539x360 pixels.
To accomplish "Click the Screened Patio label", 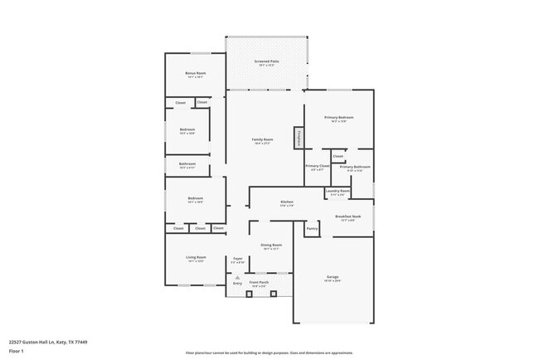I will point(265,61).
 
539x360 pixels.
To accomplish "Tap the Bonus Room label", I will point(195,73).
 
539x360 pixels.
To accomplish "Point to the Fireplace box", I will point(297,138).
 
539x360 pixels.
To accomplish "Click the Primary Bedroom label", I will point(338,118).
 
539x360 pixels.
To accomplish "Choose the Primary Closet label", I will point(317,167).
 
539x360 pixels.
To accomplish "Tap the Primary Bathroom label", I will point(355,167).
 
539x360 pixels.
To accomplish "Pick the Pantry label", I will point(312,228).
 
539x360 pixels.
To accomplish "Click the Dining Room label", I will point(272,246).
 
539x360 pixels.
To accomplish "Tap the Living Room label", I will point(196,257).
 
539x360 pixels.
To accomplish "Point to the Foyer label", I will point(237,259).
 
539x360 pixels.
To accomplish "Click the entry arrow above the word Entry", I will point(237,277).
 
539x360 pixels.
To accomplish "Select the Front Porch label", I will point(259,282).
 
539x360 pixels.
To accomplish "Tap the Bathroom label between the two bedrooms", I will point(187,163).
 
